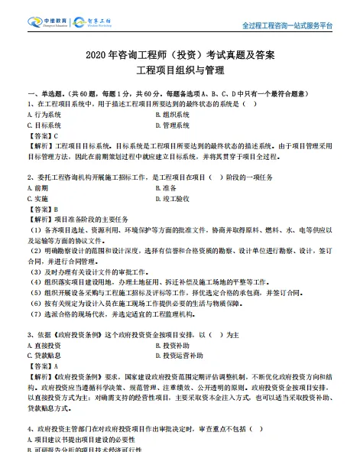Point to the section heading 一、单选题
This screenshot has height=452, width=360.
coord(37,93)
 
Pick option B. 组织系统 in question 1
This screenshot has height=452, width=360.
coord(172,115)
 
